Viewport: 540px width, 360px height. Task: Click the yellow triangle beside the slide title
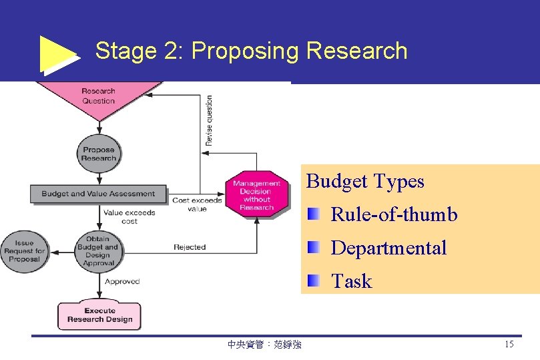(58, 53)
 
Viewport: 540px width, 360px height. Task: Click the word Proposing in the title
(244, 51)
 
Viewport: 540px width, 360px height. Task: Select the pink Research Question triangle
(99, 98)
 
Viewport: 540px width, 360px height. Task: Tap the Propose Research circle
(98, 154)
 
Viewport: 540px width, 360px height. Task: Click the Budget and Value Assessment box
(97, 194)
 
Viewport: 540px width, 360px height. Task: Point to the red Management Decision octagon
(257, 194)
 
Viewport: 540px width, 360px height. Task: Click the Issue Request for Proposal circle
(24, 251)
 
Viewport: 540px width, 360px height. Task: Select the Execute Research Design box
(99, 315)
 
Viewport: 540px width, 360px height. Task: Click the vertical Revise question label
(209, 120)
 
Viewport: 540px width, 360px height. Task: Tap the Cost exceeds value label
(198, 204)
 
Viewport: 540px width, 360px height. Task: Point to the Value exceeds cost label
(129, 217)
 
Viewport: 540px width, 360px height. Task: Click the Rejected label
(190, 247)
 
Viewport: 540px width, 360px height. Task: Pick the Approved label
(122, 281)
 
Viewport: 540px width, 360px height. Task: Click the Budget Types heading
(365, 182)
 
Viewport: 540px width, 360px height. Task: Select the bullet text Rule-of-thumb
(394, 214)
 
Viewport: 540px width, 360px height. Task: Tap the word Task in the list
(351, 281)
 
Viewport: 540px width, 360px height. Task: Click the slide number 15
(509, 345)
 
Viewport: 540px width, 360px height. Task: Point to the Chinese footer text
(264, 345)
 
